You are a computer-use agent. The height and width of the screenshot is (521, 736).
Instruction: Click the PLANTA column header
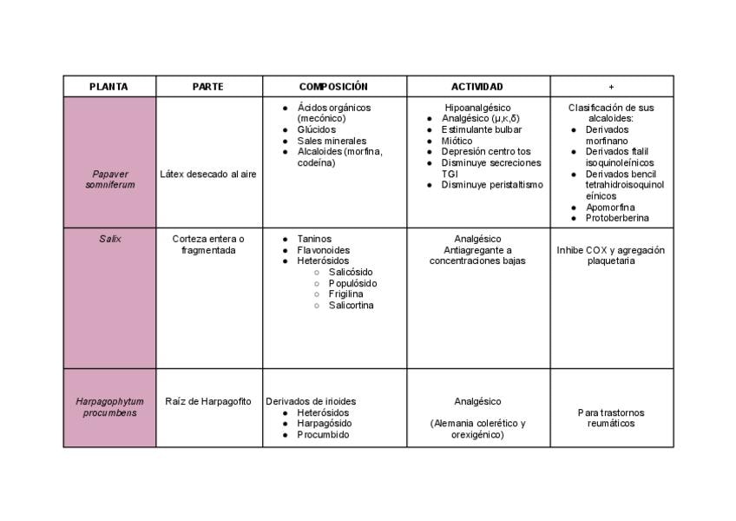108,87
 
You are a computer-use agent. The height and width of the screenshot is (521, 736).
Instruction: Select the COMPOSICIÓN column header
333,87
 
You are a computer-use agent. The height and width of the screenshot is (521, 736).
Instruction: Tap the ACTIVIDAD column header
476,87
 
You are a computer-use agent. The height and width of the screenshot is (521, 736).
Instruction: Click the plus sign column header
611,87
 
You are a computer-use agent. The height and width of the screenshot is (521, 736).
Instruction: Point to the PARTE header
208,87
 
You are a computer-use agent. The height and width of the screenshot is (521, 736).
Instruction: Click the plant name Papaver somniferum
109,179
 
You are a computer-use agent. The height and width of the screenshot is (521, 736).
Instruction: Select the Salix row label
109,239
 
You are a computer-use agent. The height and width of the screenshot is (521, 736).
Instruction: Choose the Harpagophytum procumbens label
109,407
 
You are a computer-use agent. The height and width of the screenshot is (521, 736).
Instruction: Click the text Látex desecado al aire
208,174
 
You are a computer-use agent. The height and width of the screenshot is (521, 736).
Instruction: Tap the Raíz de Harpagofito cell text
208,401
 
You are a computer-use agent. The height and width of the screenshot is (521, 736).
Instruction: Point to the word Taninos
314,239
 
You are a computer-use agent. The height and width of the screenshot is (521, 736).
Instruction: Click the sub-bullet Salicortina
351,306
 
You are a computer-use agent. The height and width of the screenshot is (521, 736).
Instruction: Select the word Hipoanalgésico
477,108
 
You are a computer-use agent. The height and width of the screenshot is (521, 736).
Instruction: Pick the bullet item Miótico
457,141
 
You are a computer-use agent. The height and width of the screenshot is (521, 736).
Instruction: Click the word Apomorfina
609,208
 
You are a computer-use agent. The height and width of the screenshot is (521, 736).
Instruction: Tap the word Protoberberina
616,218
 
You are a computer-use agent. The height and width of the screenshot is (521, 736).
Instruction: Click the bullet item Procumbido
323,435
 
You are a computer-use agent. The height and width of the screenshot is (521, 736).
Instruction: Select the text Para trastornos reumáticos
611,418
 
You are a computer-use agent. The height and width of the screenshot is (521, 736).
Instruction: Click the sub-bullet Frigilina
345,294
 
